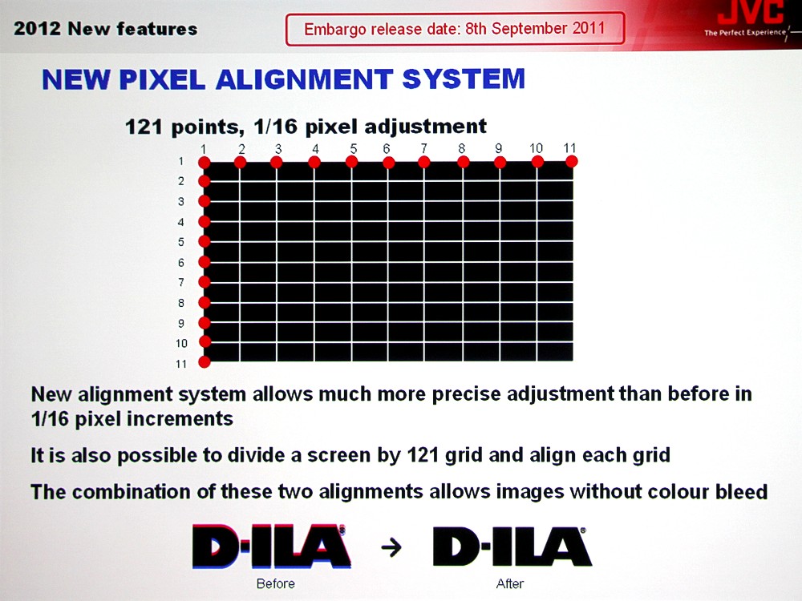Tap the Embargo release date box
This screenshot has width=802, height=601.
click(x=455, y=29)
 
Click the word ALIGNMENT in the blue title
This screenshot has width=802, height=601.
click(x=304, y=79)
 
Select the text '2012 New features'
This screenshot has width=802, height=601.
click(x=105, y=29)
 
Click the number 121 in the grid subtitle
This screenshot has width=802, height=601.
click(x=144, y=127)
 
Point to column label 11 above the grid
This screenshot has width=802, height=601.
click(x=569, y=147)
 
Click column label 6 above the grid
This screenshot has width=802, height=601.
click(x=387, y=148)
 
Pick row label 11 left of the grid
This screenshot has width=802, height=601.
click(x=181, y=364)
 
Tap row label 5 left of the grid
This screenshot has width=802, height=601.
click(x=181, y=242)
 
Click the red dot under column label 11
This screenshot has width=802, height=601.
click(x=572, y=162)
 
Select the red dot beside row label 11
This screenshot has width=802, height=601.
click(x=205, y=362)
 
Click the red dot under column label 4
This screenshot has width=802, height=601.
click(x=314, y=162)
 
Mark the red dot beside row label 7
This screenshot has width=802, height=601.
click(x=205, y=281)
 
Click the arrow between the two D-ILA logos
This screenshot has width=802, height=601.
click(x=391, y=548)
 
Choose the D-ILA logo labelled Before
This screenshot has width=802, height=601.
click(x=272, y=547)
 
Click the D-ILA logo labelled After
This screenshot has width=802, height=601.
click(x=512, y=547)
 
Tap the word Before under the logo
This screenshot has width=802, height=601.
click(x=276, y=583)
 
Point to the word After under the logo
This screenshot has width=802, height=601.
click(x=510, y=583)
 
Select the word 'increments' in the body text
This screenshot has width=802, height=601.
click(x=180, y=419)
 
